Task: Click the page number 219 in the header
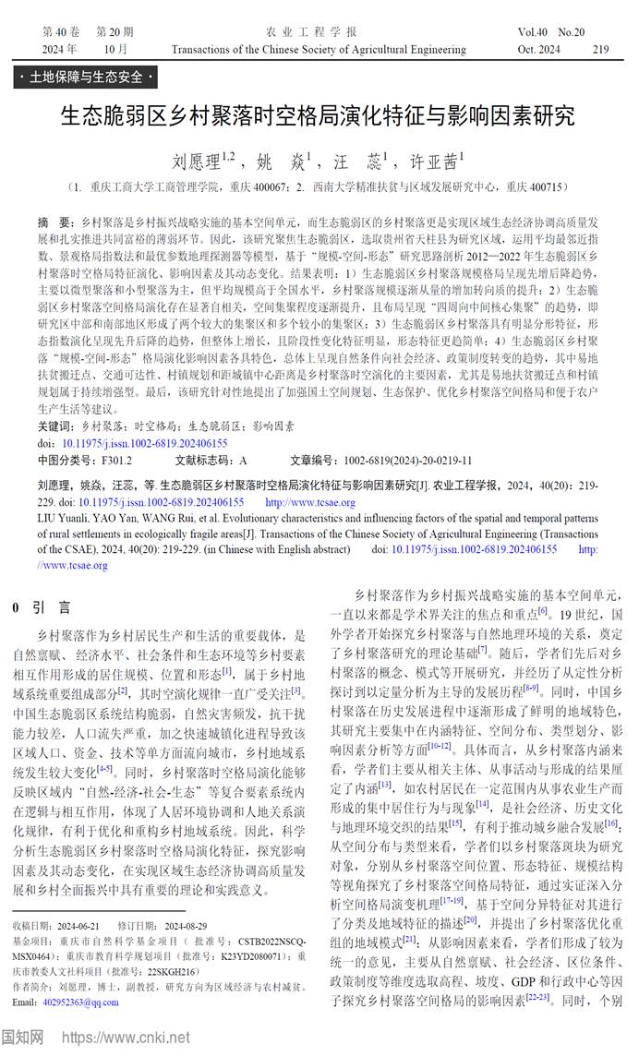[600, 48]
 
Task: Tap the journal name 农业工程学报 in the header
[318, 31]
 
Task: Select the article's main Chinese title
[318, 115]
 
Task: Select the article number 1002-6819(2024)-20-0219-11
[408, 459]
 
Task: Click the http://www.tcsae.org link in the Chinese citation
[309, 502]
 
